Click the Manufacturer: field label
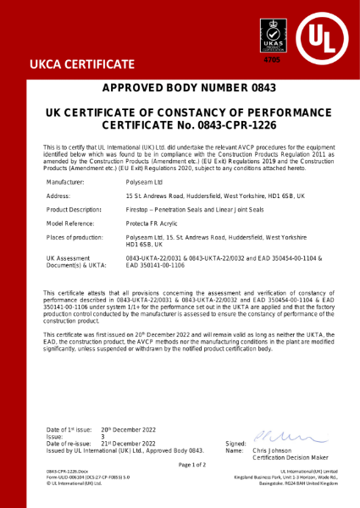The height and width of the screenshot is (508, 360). pyautogui.click(x=64, y=182)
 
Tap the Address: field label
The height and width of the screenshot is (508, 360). pyautogui.click(x=58, y=196)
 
